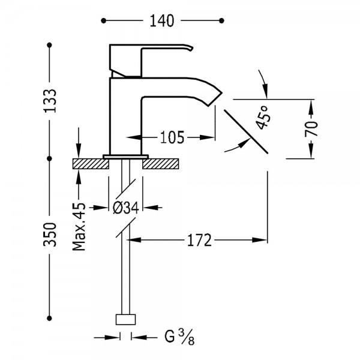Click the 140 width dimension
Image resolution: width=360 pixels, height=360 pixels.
pos(162,20)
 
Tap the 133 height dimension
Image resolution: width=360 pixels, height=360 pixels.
pos(50,101)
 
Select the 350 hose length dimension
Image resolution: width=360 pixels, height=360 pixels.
pos(50,234)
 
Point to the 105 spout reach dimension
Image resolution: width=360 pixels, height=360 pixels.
pos(172,137)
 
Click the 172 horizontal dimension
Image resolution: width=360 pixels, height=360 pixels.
pos(199,240)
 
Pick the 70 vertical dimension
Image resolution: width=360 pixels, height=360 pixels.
pos(311,128)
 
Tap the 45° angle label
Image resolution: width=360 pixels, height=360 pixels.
pos(263,118)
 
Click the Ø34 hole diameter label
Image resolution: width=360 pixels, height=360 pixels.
pos(126,208)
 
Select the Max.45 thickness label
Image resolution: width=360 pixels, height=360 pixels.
pos(79,227)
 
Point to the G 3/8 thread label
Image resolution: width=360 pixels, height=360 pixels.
pos(179,337)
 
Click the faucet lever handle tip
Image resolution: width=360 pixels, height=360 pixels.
pos(191,48)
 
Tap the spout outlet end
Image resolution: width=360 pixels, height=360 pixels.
pos(215,100)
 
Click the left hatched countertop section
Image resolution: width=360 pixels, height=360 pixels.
pos(91,164)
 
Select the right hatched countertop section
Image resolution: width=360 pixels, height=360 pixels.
pos(160,164)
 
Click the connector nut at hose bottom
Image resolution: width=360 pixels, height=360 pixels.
pos(125,319)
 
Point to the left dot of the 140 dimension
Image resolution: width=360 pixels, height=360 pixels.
pos(104,21)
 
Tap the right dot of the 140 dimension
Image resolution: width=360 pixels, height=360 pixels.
pos(221,21)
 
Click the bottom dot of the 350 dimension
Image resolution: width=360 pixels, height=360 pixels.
pos(49,318)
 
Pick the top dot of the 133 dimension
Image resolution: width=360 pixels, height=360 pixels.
pos(49,45)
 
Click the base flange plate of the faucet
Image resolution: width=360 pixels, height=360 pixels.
pos(125,157)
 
